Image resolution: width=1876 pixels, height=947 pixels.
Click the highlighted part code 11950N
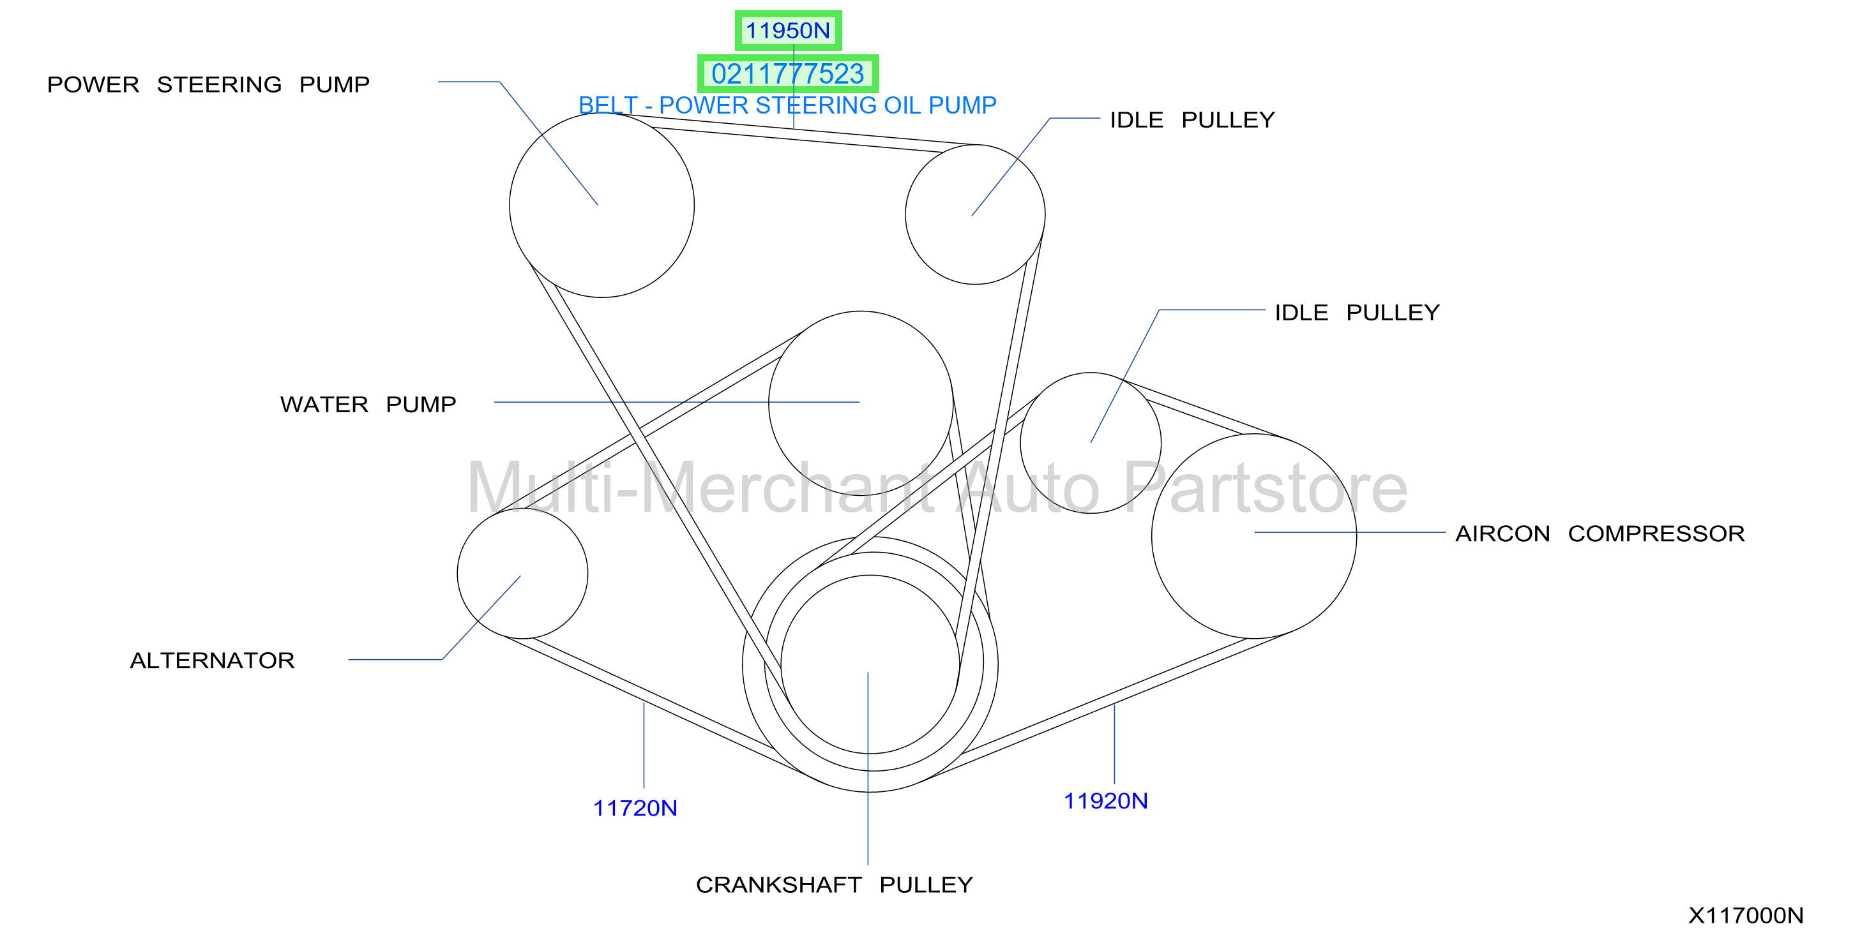click(x=788, y=31)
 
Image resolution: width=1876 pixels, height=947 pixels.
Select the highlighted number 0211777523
click(x=788, y=73)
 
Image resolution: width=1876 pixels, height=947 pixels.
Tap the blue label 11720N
click(x=635, y=808)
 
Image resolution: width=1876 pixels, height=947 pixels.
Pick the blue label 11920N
click(x=1105, y=801)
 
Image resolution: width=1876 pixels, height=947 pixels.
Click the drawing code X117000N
click(x=1746, y=915)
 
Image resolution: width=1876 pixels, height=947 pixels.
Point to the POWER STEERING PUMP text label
click(x=208, y=84)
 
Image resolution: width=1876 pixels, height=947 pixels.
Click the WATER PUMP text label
click(x=368, y=404)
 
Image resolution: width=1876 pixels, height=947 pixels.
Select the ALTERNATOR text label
click(x=212, y=660)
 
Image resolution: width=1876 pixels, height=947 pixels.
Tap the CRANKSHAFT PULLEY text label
click(x=834, y=884)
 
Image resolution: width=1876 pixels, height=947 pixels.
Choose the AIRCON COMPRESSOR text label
click(x=1600, y=533)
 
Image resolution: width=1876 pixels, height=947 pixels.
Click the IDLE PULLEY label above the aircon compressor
click(x=1357, y=312)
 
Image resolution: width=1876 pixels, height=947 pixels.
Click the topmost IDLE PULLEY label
click(x=1192, y=119)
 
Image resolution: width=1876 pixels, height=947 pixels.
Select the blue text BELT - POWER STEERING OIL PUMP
click(x=787, y=105)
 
